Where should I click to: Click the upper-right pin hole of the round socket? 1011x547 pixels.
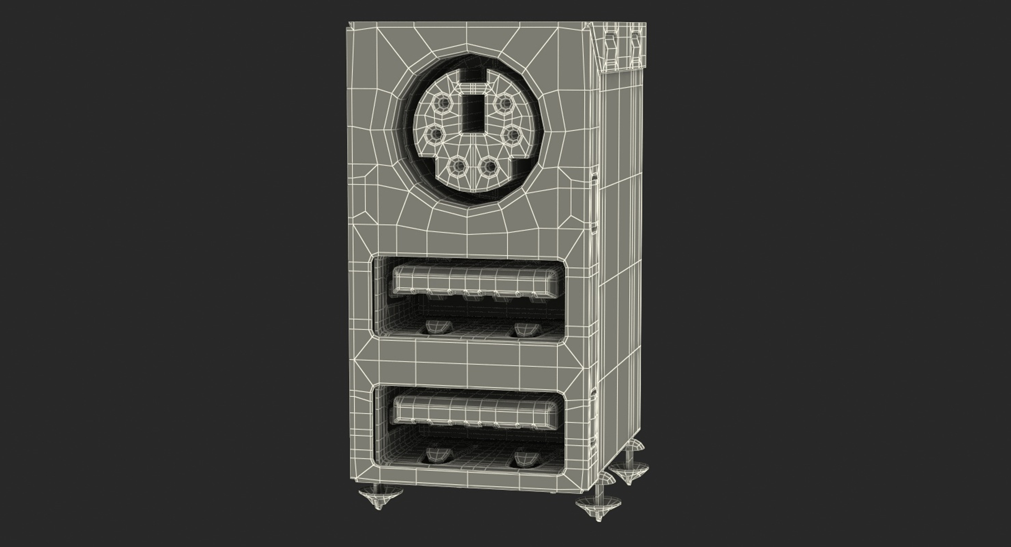(504, 103)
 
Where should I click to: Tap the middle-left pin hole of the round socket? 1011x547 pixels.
(434, 135)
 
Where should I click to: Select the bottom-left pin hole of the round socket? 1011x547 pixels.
(459, 167)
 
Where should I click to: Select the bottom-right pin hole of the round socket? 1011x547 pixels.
(490, 167)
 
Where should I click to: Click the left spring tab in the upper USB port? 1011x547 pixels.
(438, 327)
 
